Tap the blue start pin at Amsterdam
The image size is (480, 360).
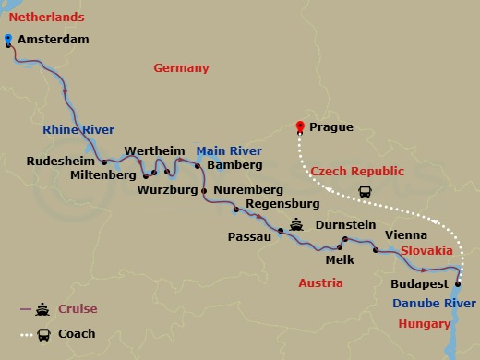click(x=7, y=39)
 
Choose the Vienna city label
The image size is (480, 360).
click(x=405, y=235)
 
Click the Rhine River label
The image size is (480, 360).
click(x=78, y=129)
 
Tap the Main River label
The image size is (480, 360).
click(x=229, y=150)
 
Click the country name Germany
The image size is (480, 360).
click(x=181, y=68)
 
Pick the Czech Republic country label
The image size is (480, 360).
click(x=357, y=172)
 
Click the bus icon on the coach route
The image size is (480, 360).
click(x=366, y=193)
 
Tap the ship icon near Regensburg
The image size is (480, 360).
click(x=296, y=223)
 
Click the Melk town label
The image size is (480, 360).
click(x=340, y=261)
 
